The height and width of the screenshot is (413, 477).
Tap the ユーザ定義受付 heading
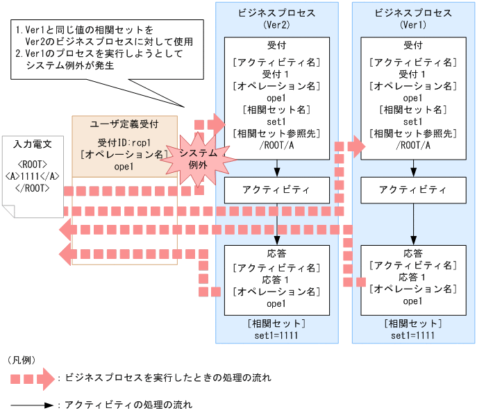tap(125, 124)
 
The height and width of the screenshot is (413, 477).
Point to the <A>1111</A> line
tap(33, 176)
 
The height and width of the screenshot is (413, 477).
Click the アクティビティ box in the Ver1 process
tap(414, 189)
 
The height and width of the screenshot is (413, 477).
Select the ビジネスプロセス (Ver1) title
tap(414, 19)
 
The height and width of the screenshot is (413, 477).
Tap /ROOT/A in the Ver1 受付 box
tap(414, 145)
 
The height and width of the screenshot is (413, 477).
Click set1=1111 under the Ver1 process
tap(414, 335)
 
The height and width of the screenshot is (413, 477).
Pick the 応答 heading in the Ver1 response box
tap(414, 253)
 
